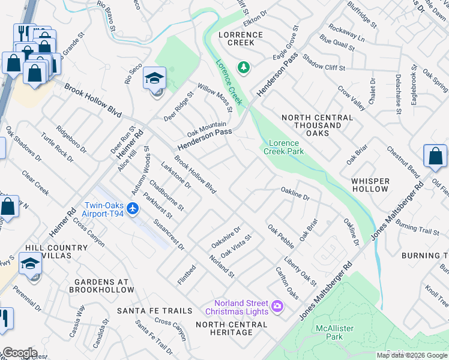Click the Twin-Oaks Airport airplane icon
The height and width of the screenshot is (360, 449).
[133, 209]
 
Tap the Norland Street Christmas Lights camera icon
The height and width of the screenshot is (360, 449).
[277, 306]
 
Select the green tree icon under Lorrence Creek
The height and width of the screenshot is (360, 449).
[243, 67]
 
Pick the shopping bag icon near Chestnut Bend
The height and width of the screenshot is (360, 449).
[435, 157]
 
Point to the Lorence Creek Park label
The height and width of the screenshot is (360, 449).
[284, 147]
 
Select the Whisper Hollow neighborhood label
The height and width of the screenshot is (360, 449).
[370, 185]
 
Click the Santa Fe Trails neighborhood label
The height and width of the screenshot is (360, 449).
[155, 311]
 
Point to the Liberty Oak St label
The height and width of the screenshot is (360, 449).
[300, 270]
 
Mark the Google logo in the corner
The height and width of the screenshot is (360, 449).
[19, 353]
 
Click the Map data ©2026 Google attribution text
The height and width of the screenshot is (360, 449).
[412, 355]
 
